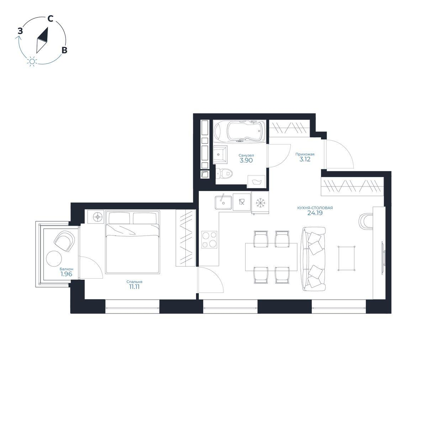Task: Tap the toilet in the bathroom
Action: [224, 173]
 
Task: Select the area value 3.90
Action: [246, 160]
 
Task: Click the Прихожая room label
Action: [305, 154]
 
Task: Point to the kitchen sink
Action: [223, 202]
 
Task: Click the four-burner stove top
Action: [209, 239]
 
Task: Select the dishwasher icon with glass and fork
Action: [242, 202]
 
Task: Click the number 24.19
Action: [315, 213]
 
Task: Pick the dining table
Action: [271, 257]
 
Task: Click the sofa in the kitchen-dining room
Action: [314, 259]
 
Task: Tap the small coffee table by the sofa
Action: [346, 258]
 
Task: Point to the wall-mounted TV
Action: [383, 257]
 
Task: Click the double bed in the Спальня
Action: [132, 242]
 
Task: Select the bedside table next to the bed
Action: [95, 217]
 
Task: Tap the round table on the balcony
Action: [54, 258]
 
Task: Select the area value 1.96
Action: [66, 274]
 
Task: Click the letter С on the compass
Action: [50, 19]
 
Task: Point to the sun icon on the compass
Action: [32, 61]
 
